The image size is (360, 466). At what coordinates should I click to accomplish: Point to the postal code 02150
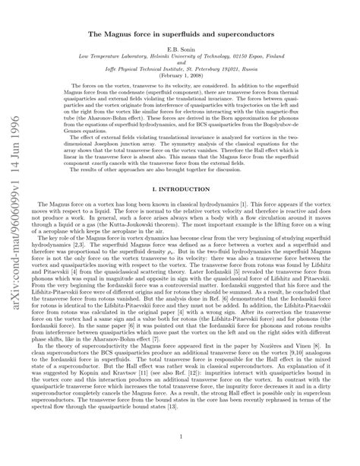[248, 56]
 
